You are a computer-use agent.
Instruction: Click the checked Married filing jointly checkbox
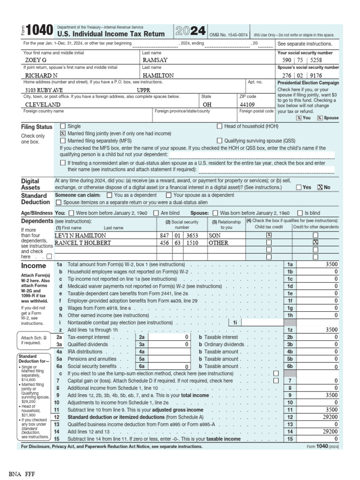(x=63, y=133)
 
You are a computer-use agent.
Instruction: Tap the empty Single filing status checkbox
(x=63, y=126)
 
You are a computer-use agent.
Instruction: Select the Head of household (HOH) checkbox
(x=219, y=126)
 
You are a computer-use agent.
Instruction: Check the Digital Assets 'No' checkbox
(x=320, y=187)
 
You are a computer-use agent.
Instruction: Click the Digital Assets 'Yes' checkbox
(x=299, y=187)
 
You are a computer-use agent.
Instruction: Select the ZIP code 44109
(x=248, y=105)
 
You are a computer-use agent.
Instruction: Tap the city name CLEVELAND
(x=43, y=105)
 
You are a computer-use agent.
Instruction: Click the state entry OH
(x=206, y=105)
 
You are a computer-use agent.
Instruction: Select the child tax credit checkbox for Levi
(x=269, y=235)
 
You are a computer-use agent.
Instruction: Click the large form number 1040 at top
(x=39, y=31)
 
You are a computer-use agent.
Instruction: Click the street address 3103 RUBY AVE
(x=44, y=90)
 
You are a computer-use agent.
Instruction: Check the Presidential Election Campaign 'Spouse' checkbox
(x=320, y=118)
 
